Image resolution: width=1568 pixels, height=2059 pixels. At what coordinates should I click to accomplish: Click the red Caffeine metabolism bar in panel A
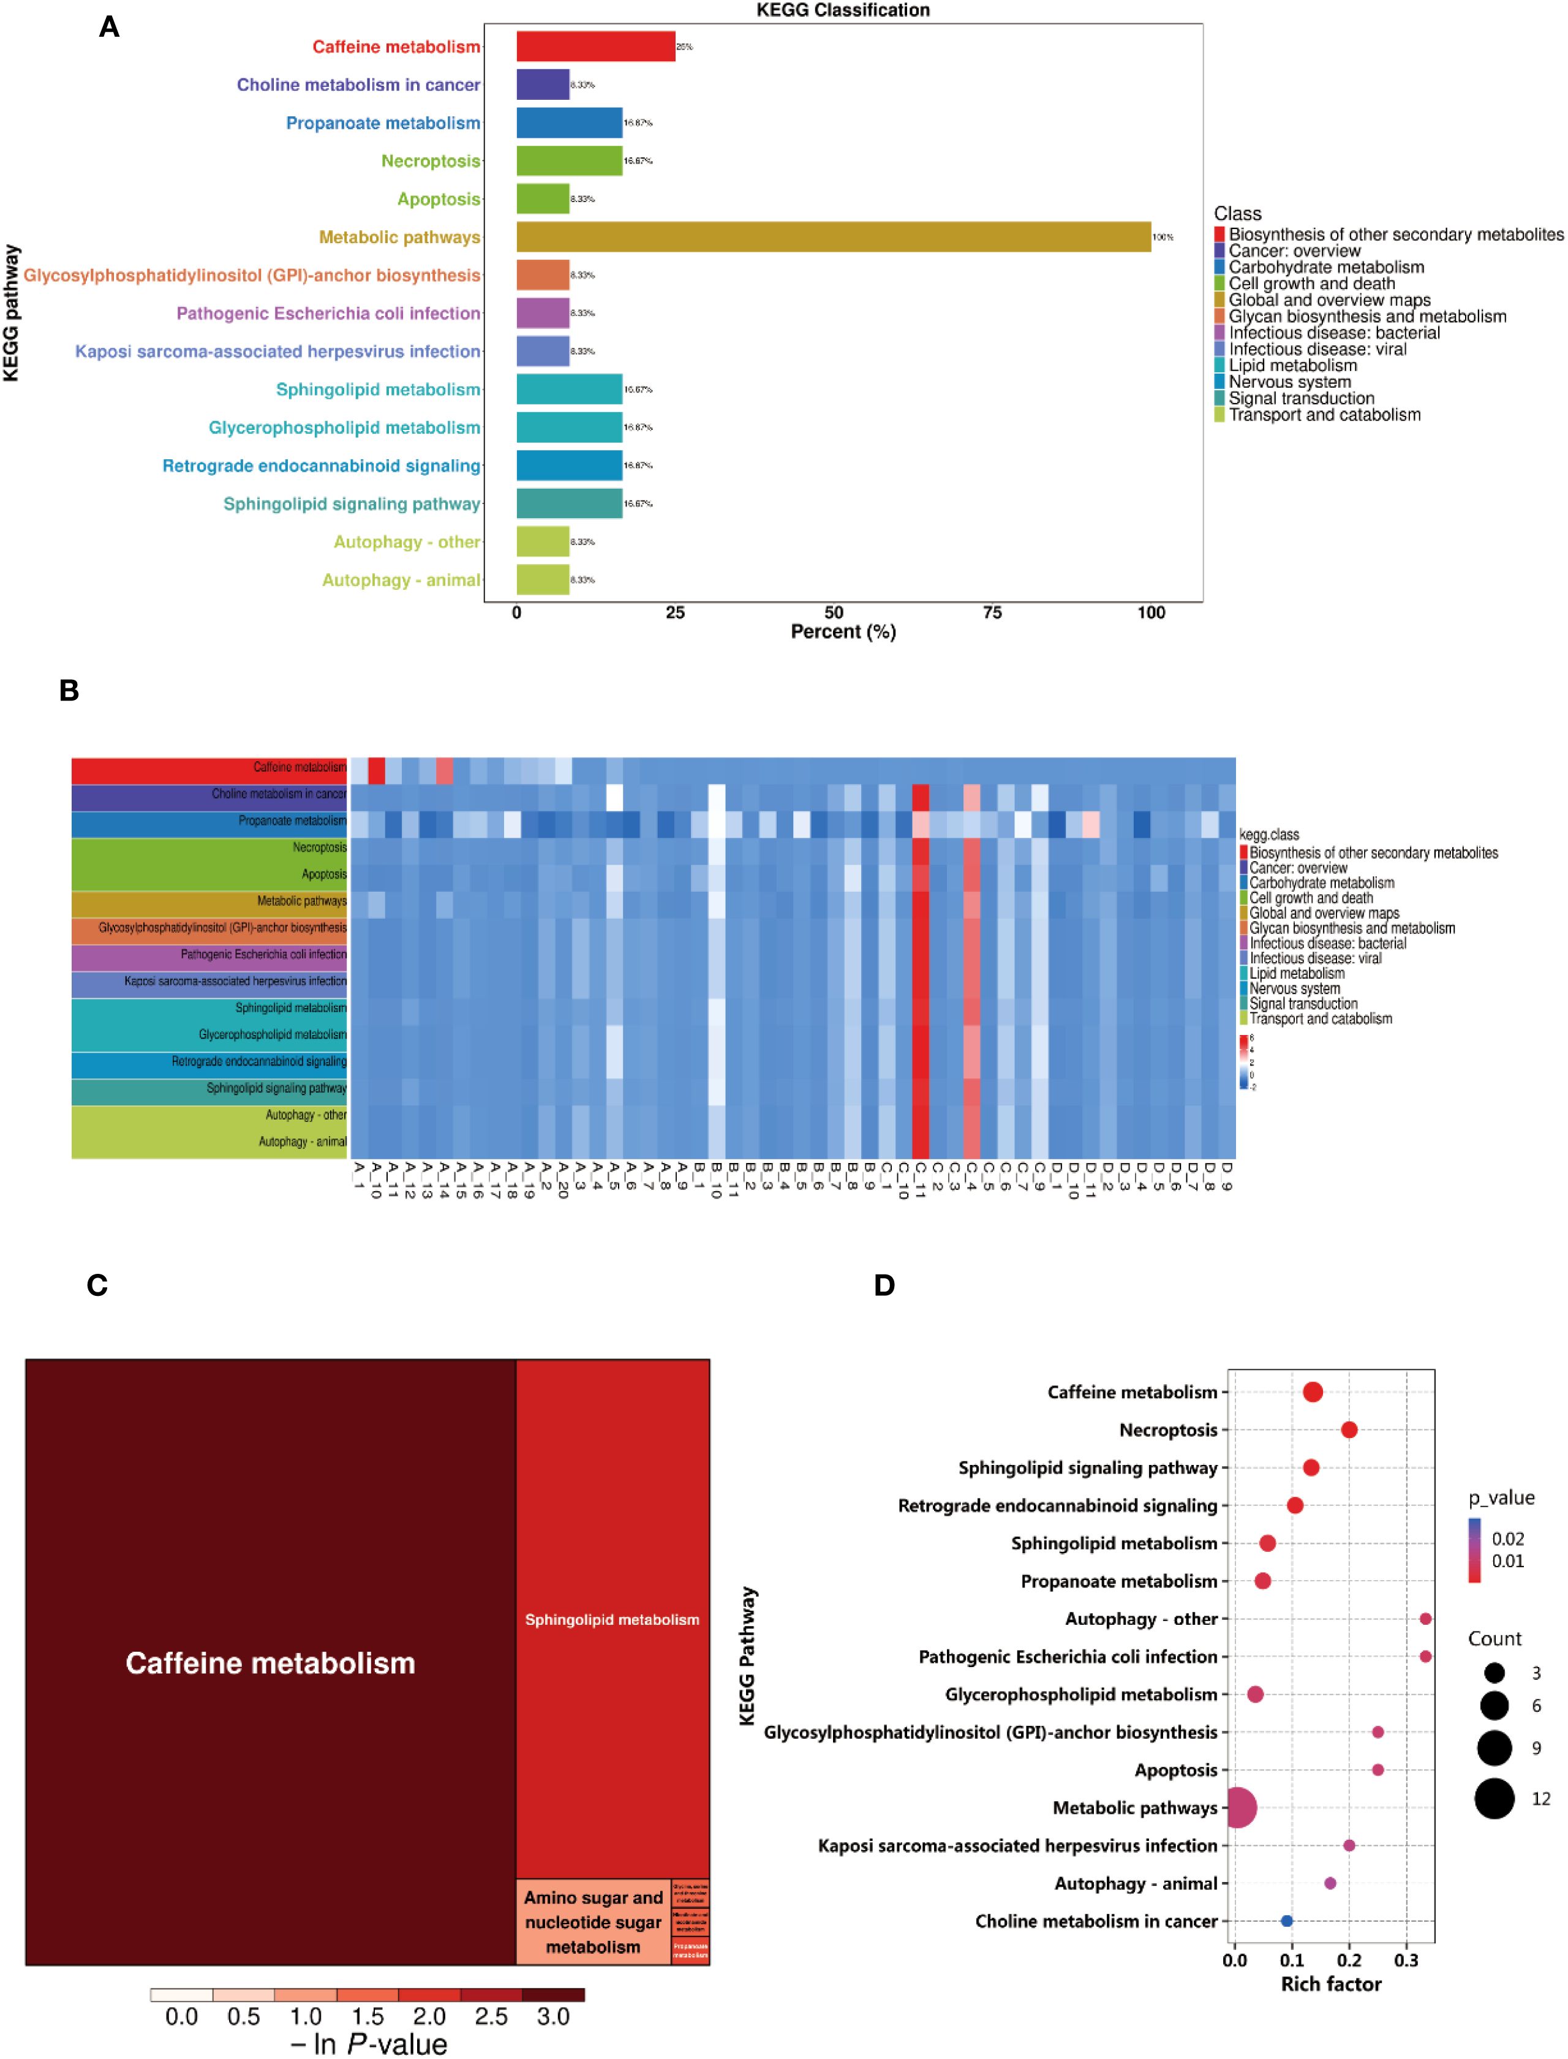(595, 47)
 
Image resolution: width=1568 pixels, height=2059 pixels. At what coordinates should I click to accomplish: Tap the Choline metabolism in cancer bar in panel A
(542, 85)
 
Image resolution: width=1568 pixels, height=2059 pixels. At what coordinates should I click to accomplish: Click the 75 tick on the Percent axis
(992, 612)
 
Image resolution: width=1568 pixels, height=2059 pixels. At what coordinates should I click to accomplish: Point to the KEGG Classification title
(843, 10)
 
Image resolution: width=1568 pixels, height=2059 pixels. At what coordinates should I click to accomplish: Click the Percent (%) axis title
(843, 632)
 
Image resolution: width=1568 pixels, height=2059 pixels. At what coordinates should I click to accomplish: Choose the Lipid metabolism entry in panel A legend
(1292, 366)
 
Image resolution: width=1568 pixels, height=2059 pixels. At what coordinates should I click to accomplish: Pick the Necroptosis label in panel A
(430, 162)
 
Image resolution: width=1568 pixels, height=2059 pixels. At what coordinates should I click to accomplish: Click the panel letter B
(69, 691)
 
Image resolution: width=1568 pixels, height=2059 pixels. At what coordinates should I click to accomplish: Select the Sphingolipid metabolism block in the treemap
(612, 1619)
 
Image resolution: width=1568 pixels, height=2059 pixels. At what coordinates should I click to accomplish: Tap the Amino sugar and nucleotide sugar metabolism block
(594, 1922)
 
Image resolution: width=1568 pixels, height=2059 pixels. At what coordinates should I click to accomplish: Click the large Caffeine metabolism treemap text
(271, 1663)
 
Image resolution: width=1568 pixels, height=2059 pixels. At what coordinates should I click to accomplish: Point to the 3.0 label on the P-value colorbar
(552, 2017)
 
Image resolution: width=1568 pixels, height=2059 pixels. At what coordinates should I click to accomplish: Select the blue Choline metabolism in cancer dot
(1287, 1921)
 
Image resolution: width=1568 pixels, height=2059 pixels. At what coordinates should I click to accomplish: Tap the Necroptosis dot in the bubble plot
(1349, 1430)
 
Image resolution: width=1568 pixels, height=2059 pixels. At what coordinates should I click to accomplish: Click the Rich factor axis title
(1331, 1984)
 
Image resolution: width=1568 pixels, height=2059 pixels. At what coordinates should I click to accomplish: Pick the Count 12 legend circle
(1494, 1799)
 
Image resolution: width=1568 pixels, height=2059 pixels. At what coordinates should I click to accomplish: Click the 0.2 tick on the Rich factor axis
(1349, 1960)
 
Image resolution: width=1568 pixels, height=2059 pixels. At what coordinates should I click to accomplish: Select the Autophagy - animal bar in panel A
(542, 579)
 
